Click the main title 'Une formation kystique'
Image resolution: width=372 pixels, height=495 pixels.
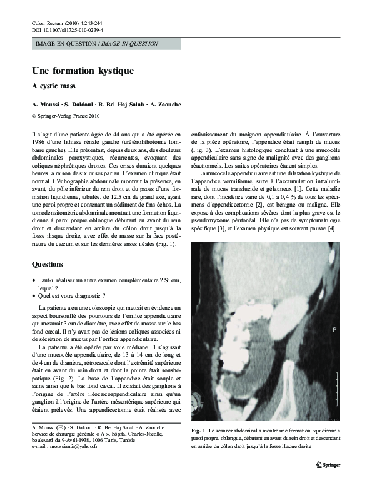(x=83, y=71)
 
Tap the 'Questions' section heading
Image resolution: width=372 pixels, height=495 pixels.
(x=48, y=264)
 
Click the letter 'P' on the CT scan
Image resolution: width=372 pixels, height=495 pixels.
(x=334, y=329)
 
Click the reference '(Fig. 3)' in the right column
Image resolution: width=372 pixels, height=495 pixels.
(x=201, y=150)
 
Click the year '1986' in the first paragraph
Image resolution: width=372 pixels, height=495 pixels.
(x=39, y=141)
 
